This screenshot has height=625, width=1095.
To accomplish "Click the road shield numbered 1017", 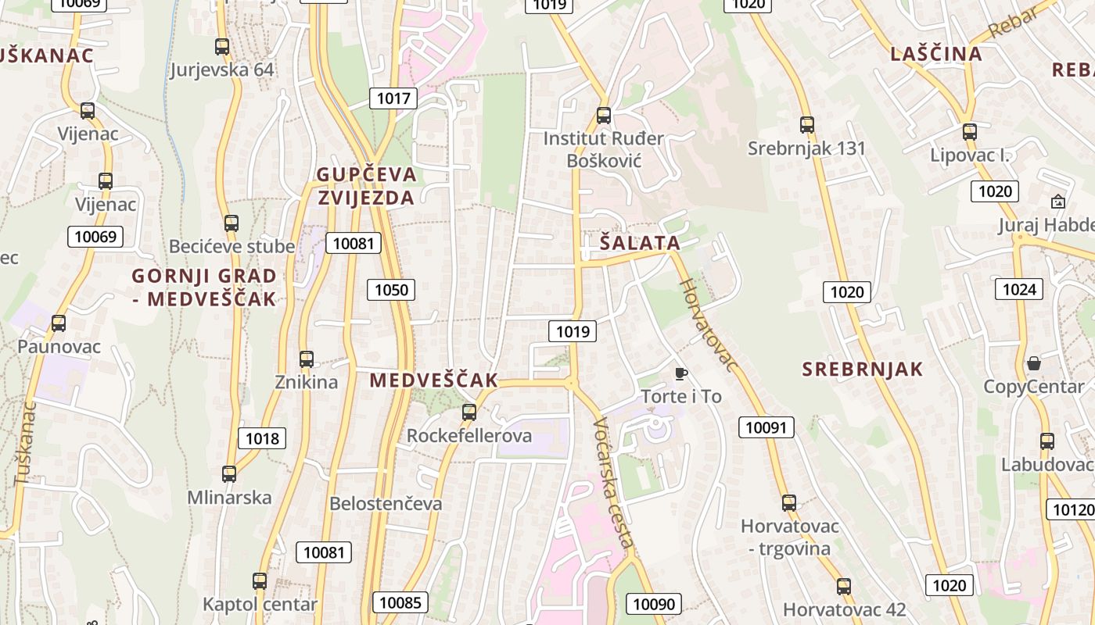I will point(393,98).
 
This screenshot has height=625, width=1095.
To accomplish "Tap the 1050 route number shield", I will point(391,291).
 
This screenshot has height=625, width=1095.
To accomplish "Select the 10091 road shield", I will point(768,427).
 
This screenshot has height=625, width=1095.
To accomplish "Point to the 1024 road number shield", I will point(1019,290).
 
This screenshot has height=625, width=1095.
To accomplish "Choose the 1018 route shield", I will point(262,438).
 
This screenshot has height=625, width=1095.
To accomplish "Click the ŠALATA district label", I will point(640,243).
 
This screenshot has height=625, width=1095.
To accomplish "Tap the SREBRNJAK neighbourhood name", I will point(863,370).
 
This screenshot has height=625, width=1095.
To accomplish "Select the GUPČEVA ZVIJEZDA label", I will point(366,186).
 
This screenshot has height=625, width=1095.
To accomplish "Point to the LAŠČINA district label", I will point(935,54).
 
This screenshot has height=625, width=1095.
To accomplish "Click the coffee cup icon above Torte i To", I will point(680,373).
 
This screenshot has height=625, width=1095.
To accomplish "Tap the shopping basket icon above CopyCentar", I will point(1034,363).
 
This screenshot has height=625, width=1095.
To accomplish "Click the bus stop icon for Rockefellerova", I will point(469,412).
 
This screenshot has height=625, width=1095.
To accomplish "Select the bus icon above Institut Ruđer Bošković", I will point(603,116).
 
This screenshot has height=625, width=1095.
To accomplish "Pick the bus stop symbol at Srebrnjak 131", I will point(806,124).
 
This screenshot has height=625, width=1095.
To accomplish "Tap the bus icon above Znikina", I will point(307,359).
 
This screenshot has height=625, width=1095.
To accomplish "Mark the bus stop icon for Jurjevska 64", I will point(222,47).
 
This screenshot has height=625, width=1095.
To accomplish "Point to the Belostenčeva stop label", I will point(386,504).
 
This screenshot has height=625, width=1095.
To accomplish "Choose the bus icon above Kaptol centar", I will point(260,581).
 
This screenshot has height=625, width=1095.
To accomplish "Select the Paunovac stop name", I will point(59,346).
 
